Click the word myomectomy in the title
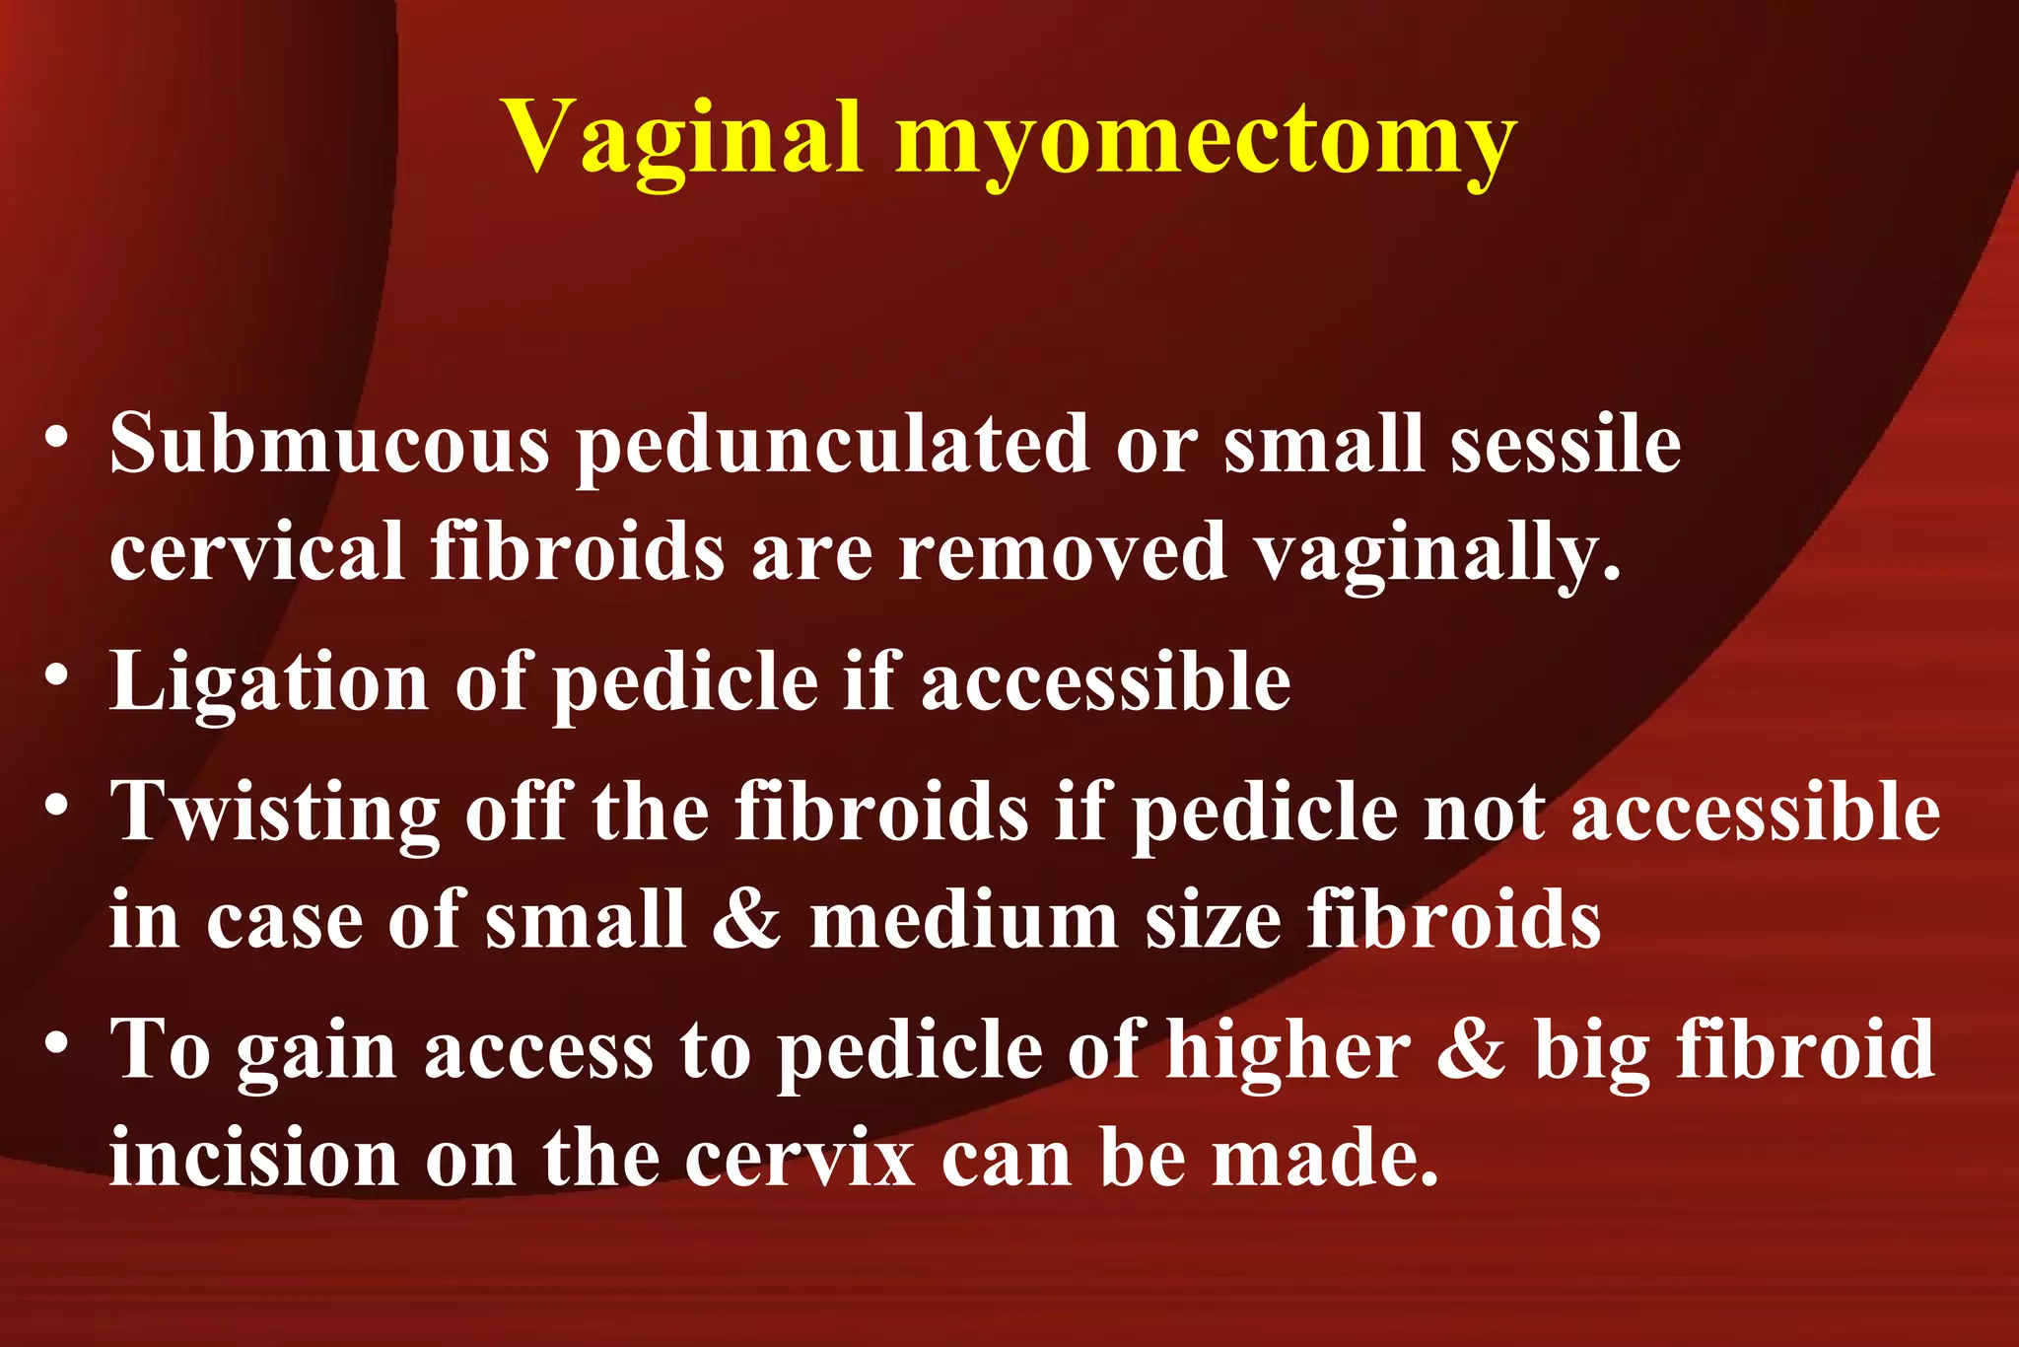[1204, 140]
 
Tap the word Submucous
[329, 444]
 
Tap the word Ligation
[269, 682]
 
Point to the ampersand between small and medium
[746, 919]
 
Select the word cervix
[801, 1158]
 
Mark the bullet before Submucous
[57, 436]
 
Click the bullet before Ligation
[57, 674]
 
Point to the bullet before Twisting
[57, 805]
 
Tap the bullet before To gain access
[57, 1041]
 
